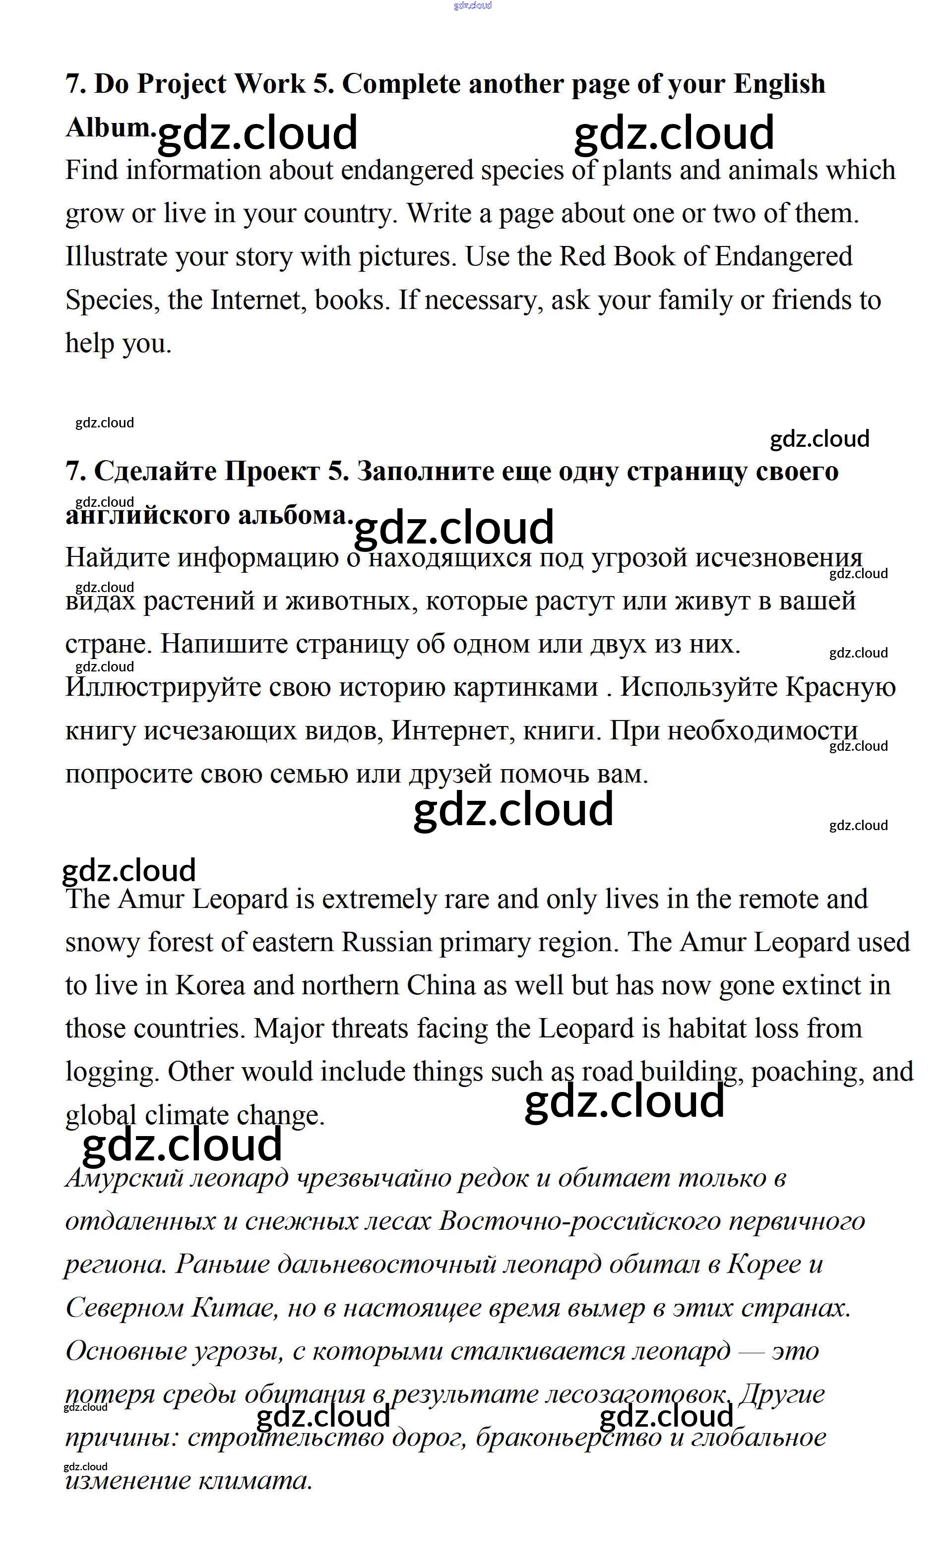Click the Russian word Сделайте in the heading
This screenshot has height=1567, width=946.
[156, 471]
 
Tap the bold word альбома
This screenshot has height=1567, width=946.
[295, 515]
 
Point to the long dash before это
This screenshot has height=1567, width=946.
[752, 1351]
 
